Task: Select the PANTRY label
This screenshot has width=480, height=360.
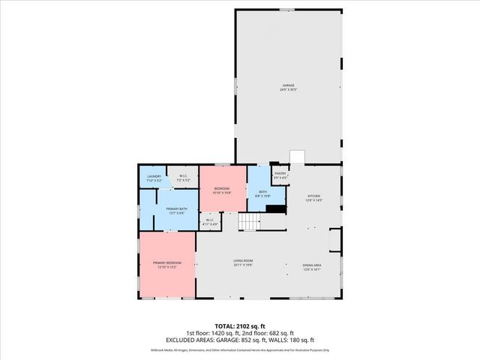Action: point(280,173)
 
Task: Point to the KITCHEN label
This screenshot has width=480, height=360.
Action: point(313,196)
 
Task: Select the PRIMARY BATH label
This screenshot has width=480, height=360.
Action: point(177,209)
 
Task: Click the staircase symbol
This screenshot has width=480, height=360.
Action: point(248,222)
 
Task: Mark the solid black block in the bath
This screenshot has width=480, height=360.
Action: point(277,210)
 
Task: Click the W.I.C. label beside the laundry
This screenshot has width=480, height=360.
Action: point(182,177)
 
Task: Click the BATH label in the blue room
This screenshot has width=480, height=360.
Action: point(263,192)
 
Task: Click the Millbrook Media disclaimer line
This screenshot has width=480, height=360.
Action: point(240,349)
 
